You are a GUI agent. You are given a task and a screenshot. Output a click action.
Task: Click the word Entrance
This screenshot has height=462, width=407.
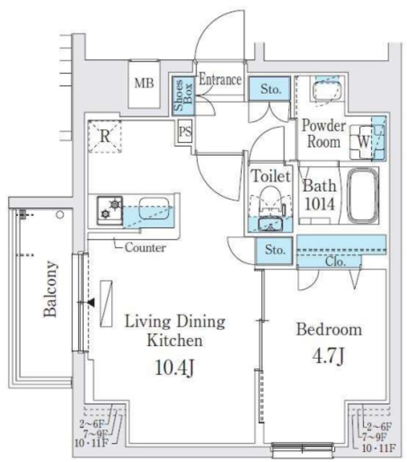tap(219, 79)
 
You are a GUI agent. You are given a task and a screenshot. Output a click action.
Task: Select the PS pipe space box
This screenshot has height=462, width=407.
tap(184, 133)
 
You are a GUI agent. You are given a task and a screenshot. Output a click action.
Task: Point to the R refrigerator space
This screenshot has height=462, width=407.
tap(105, 135)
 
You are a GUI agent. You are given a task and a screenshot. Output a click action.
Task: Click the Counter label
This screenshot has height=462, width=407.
tap(145, 248)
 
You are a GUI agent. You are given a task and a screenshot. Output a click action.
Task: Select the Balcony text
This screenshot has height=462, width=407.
tap(51, 289)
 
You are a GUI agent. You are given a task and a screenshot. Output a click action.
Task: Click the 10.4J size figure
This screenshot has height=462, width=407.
tap(175, 368)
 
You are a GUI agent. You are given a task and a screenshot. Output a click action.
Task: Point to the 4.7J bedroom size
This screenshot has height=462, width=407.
tap(328, 356)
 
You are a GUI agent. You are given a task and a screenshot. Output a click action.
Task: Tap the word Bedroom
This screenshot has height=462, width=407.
tap(329, 330)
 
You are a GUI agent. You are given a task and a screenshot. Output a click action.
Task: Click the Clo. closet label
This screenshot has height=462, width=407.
tap(334, 261)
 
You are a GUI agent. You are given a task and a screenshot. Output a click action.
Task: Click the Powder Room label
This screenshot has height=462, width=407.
tap(324, 133)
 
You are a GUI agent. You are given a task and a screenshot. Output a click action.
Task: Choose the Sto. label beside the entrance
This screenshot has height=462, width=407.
tap(270, 90)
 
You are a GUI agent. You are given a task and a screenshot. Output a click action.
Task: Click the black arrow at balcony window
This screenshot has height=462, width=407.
tap(90, 303)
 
